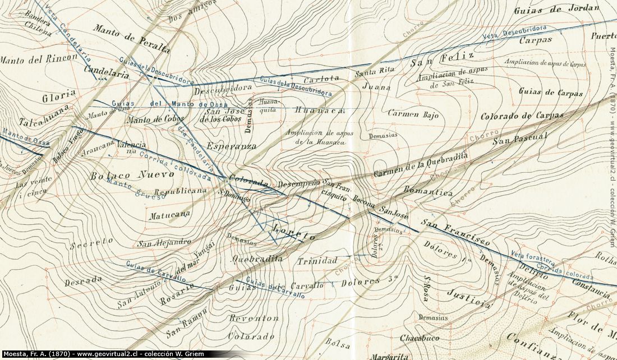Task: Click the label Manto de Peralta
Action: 131,39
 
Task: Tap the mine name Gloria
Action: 59,97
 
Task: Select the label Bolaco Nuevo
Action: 132,175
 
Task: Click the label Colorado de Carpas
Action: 521,116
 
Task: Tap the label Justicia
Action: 468,297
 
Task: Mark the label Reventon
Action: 254,318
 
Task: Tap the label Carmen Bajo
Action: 413,114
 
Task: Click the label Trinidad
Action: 317,261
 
